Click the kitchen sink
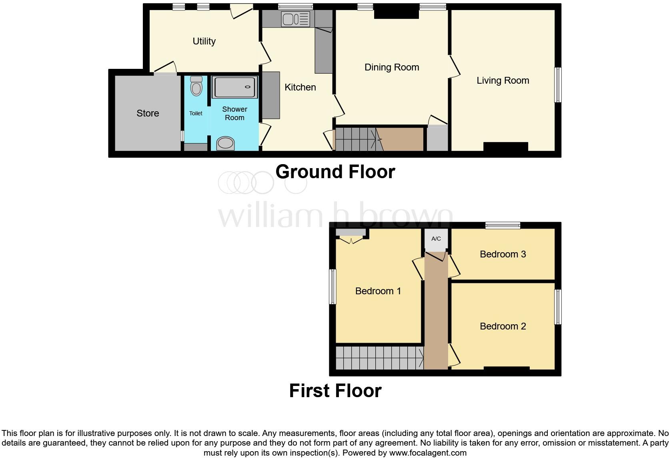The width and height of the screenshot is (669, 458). (x=295, y=19)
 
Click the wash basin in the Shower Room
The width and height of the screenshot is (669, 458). (x=225, y=143)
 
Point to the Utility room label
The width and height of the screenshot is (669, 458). (x=204, y=41)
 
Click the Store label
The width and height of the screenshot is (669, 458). (x=148, y=113)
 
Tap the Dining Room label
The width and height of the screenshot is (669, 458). (x=392, y=67)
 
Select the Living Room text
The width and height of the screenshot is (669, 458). (x=503, y=80)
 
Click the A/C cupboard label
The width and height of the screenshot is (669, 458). (x=436, y=239)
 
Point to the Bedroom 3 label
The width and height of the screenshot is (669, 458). (x=503, y=254)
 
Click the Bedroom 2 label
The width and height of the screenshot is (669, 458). (x=503, y=326)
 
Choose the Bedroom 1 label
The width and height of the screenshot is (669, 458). (x=378, y=291)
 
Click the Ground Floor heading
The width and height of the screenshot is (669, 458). (x=335, y=172)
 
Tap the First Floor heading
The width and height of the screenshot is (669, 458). (x=335, y=391)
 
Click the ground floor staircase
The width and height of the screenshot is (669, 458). (x=356, y=139)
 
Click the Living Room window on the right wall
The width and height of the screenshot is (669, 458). (x=557, y=85)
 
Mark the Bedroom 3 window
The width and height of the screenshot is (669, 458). (x=503, y=226)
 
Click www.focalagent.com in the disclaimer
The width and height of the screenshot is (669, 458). (x=427, y=453)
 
